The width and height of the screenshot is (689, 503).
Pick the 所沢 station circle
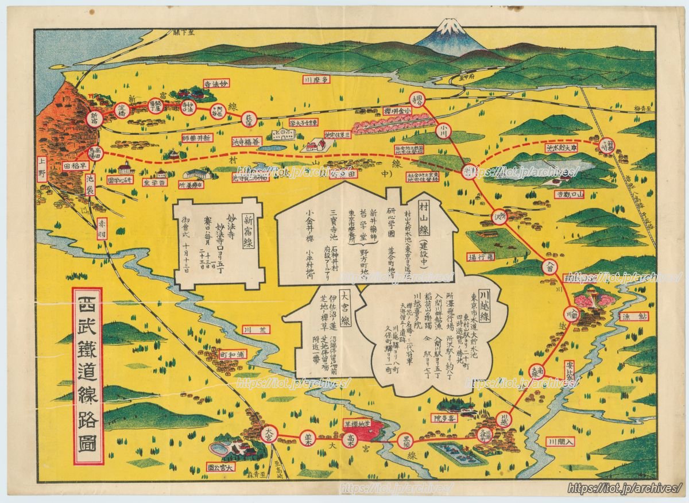pyautogui.click(x=499, y=217)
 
